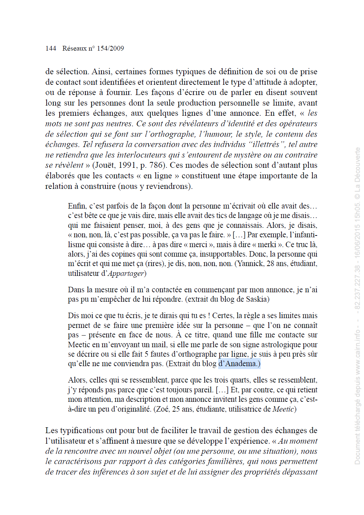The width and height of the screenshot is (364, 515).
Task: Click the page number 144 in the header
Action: (x=51, y=48)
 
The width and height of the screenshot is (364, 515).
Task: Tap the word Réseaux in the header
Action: (x=75, y=48)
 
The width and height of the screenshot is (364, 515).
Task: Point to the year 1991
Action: (x=127, y=165)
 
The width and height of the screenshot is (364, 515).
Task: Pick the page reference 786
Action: (x=157, y=165)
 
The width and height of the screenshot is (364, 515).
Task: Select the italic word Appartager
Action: (x=126, y=273)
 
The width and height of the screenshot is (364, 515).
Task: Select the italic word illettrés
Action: (x=266, y=144)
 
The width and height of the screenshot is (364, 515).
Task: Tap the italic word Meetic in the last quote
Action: (x=283, y=409)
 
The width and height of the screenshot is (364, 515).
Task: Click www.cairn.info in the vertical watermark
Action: (x=357, y=353)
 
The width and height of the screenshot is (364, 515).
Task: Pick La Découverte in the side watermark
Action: (x=357, y=169)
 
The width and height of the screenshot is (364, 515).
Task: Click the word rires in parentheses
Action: (x=155, y=264)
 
